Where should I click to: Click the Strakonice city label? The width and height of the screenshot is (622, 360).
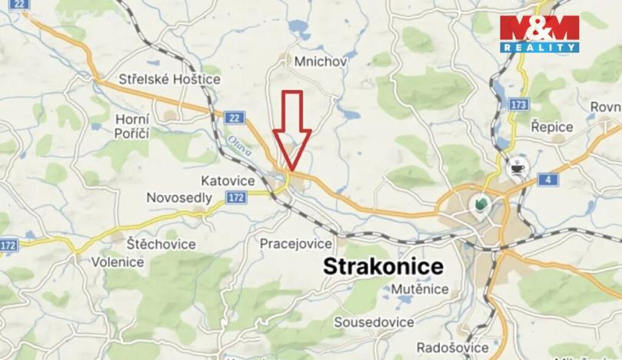point(384,267)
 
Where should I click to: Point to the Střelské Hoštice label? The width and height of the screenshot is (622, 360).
point(170,78)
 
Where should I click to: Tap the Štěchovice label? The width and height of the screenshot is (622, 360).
point(162,244)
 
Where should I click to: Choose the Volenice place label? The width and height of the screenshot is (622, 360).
point(118,262)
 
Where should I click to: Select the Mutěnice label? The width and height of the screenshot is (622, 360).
point(420,289)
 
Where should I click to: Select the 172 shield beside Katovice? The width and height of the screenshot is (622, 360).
point(237,198)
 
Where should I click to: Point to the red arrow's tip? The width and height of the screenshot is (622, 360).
point(291,171)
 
